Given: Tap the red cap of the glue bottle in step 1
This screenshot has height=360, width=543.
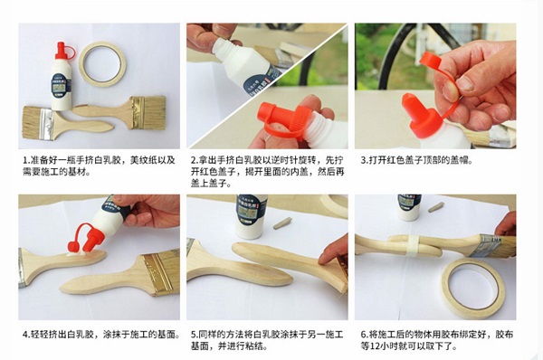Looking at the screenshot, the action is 63,51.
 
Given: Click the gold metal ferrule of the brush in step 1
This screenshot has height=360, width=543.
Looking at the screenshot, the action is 138,112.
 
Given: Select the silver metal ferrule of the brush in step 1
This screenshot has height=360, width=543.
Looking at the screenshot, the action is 46,124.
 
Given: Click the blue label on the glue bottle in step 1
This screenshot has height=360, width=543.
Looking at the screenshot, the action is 62,84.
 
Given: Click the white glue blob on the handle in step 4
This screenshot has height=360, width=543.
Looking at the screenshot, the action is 77,254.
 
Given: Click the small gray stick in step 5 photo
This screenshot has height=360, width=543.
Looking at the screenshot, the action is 282,223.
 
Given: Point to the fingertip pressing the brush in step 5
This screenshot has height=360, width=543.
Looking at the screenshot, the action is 324,258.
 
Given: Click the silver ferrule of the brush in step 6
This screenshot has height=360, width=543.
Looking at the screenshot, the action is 487,245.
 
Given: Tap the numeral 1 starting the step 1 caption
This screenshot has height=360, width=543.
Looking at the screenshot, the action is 25,160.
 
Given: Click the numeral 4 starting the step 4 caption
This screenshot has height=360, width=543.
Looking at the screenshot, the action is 25,335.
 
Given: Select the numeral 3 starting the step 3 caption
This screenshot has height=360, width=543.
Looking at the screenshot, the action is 363,160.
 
